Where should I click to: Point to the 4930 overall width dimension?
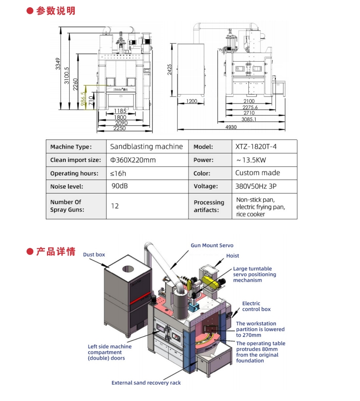pos(231,127)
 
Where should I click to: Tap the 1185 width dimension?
pos(120,111)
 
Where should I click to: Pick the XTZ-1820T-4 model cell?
pos(258,146)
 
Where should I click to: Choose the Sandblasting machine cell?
pos(146,146)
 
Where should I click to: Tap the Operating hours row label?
pos(74,173)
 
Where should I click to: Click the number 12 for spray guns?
pos(115,206)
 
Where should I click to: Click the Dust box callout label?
pos(94,255)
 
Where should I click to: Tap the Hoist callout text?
pos(233,256)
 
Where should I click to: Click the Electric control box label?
pos(256,306)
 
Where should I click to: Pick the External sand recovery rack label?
pos(146,383)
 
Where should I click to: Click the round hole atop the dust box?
pos(128,269)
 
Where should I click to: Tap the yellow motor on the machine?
pos(210,281)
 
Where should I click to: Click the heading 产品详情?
pos(56,251)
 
